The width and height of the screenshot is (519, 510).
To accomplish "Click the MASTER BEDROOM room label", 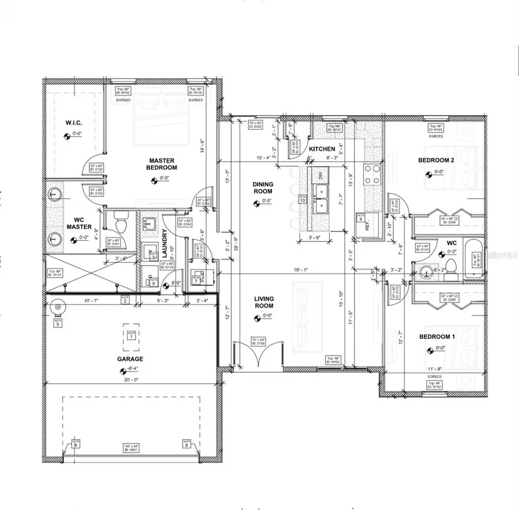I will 163,164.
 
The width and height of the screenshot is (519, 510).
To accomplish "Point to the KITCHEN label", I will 322,149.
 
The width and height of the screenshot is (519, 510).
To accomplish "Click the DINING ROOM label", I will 263,188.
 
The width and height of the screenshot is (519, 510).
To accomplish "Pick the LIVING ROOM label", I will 264,302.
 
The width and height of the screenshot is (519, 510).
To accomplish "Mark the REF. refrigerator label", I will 367,226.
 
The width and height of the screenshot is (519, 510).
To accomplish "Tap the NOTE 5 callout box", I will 58,324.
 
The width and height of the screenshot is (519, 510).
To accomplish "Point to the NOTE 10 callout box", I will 302,199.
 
